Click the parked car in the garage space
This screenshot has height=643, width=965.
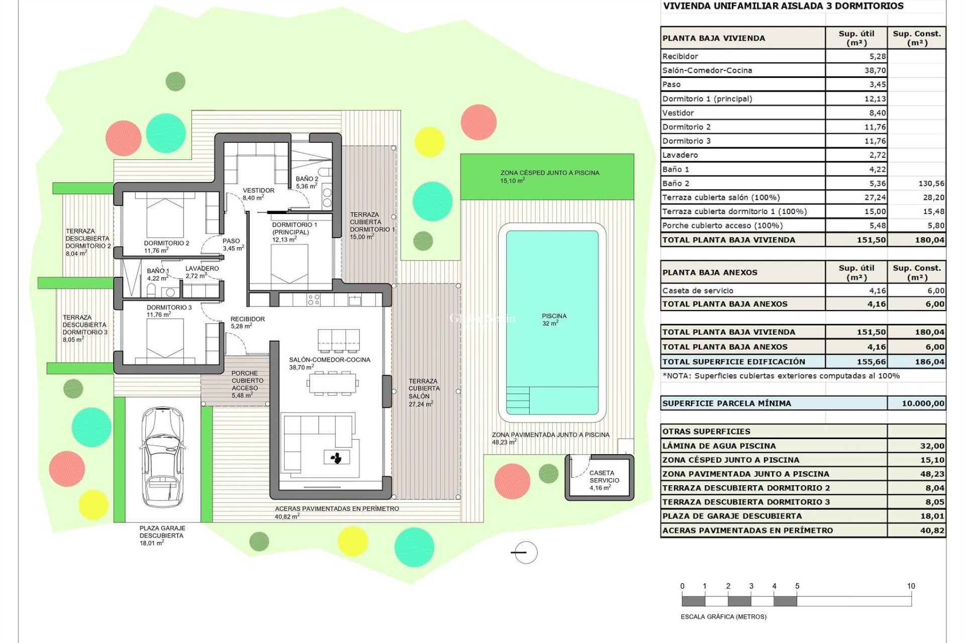tap(162, 457)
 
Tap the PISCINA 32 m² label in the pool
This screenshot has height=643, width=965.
tap(554, 319)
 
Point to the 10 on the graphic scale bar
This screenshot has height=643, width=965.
tap(911, 586)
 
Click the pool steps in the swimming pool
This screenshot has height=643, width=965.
tap(518, 400)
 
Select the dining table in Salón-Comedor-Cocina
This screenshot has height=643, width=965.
tap(332, 383)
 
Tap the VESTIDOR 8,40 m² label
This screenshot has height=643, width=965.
tap(258, 194)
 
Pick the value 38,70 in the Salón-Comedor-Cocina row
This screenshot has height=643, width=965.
tap(875, 70)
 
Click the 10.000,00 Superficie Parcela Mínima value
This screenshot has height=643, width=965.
tap(923, 403)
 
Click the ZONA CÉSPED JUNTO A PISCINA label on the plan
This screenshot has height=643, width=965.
tap(549, 176)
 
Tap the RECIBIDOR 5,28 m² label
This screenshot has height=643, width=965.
tap(247, 323)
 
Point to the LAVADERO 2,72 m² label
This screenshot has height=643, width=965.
tap(202, 272)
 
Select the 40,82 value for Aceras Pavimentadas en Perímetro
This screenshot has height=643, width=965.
tap(931, 530)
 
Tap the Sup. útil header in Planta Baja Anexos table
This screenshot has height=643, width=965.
tap(856, 273)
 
